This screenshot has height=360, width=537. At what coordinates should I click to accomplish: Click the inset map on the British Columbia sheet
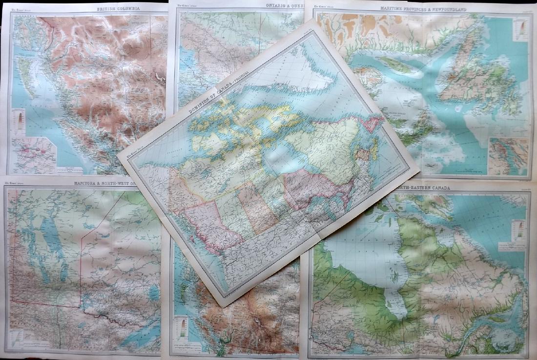(33, 156)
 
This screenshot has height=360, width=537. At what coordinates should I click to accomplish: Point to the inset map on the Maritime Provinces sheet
(508, 156)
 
